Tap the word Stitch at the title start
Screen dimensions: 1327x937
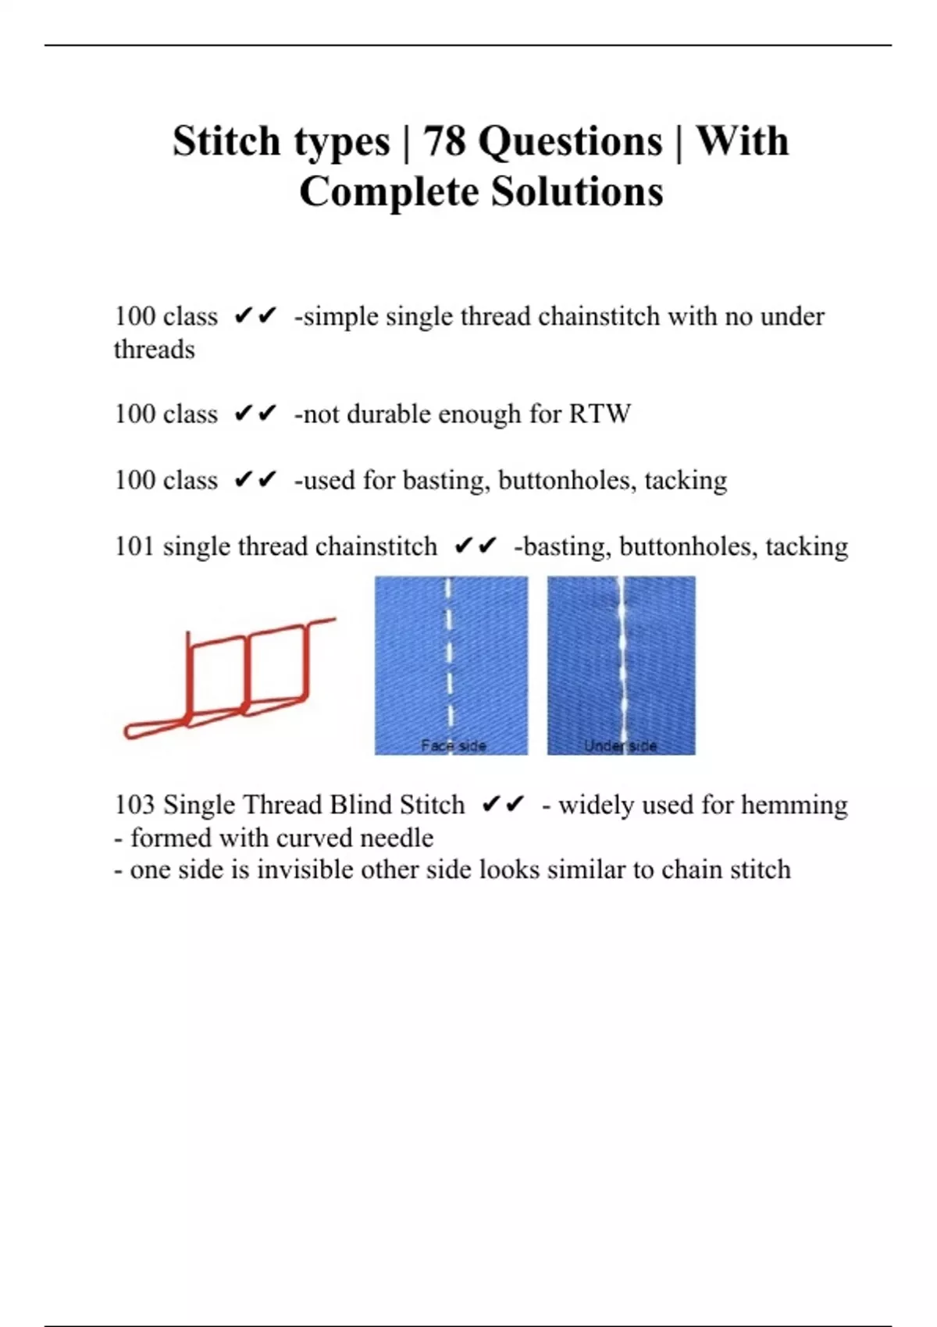coord(226,141)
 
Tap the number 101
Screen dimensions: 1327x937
coord(134,546)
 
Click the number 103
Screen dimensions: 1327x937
coord(134,805)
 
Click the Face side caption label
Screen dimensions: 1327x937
coord(453,745)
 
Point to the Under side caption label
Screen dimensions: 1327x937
coord(620,745)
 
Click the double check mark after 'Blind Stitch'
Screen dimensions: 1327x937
coord(503,805)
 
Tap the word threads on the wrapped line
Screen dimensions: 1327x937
coord(154,350)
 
